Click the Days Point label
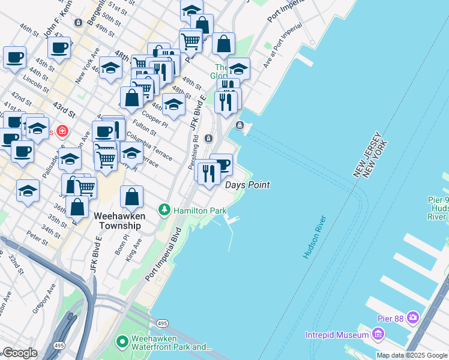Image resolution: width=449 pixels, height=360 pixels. click(x=247, y=185)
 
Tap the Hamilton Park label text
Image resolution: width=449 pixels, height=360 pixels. click(x=200, y=211)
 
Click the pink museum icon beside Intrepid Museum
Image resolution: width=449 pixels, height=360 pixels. click(x=378, y=333)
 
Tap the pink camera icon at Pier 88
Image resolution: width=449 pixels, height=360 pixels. click(x=412, y=316)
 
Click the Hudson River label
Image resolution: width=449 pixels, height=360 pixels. click(x=315, y=237)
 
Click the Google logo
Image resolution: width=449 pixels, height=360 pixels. click(x=20, y=353)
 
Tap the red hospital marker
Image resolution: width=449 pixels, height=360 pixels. click(x=62, y=131)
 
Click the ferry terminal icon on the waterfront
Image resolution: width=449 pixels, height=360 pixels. click(x=240, y=125)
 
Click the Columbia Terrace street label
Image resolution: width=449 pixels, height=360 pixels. click(x=149, y=148)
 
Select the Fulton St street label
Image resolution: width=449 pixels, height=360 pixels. click(x=144, y=128)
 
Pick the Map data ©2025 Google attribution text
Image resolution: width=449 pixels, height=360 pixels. click(x=412, y=355)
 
